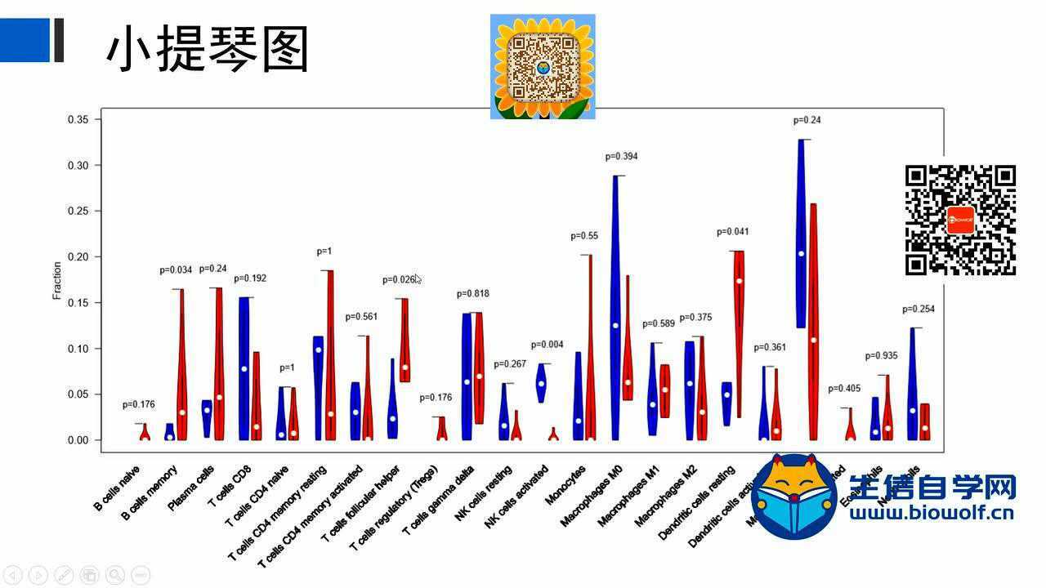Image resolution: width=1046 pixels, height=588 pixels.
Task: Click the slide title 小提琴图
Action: (208, 48)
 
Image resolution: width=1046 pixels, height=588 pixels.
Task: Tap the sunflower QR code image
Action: (543, 67)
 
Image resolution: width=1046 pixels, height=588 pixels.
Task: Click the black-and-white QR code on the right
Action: (960, 220)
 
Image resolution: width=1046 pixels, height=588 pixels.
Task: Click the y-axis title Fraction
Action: (57, 280)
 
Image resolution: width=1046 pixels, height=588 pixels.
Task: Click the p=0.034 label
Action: (176, 270)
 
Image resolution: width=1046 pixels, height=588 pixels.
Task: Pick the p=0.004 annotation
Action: (547, 345)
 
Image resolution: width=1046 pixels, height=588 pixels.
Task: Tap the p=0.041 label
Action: (732, 232)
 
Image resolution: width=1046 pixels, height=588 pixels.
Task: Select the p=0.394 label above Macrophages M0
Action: (621, 157)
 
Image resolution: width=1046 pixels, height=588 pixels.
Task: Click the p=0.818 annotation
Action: (473, 294)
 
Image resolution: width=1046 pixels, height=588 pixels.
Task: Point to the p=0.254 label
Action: (918, 310)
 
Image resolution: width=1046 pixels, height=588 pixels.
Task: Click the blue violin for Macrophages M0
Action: (615, 310)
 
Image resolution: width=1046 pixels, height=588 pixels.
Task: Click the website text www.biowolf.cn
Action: (932, 514)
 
